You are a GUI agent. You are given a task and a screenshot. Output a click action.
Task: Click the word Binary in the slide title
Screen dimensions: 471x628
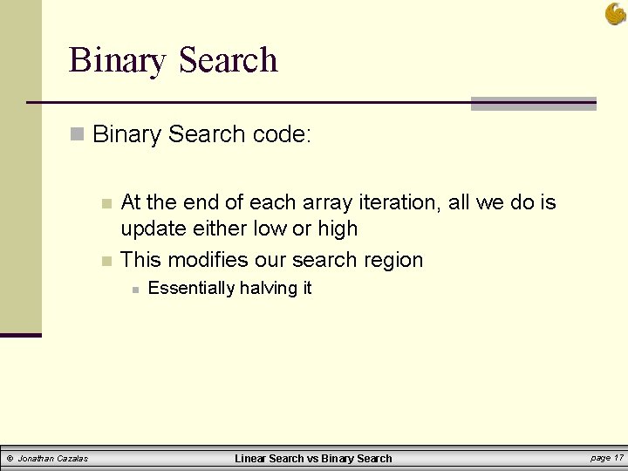pos(117,61)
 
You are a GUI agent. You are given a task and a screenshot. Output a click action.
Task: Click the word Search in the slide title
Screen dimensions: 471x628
pos(227,61)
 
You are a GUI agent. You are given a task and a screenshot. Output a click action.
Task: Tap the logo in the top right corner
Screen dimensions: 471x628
pos(616,14)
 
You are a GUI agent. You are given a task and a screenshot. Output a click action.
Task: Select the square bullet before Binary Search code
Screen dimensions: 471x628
pos(78,135)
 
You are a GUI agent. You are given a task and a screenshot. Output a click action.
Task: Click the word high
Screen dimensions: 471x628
pos(337,229)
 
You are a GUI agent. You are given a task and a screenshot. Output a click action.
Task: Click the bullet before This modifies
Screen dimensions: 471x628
pos(106,261)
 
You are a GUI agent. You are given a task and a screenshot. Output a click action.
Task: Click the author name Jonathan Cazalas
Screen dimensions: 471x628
pos(54,458)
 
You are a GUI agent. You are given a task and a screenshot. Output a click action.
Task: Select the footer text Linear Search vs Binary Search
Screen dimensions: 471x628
pos(314,458)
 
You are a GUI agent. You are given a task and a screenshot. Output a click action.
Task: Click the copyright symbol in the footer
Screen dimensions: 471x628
pos(10,458)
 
